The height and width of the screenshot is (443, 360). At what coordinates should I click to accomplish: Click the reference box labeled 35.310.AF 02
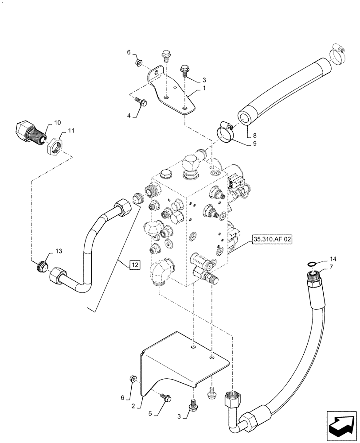(273, 240)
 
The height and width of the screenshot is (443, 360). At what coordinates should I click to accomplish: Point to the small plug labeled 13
(42, 266)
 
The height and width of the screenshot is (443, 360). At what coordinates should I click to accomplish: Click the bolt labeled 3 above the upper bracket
(184, 70)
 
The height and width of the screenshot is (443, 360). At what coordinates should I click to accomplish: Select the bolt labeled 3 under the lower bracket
(193, 404)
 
